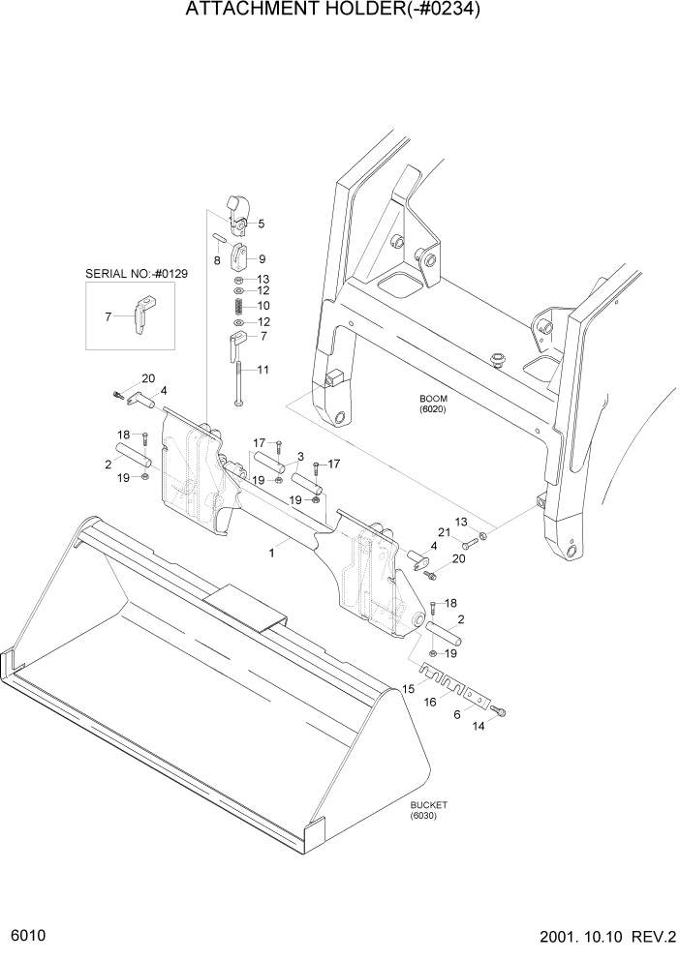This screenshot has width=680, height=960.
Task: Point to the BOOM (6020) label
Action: [x=432, y=404]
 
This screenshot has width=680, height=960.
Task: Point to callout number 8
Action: [x=217, y=259]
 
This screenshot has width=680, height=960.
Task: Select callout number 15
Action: [x=408, y=688]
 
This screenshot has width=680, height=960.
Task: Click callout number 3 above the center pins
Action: [x=301, y=456]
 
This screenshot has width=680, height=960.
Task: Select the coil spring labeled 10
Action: [x=239, y=305]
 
